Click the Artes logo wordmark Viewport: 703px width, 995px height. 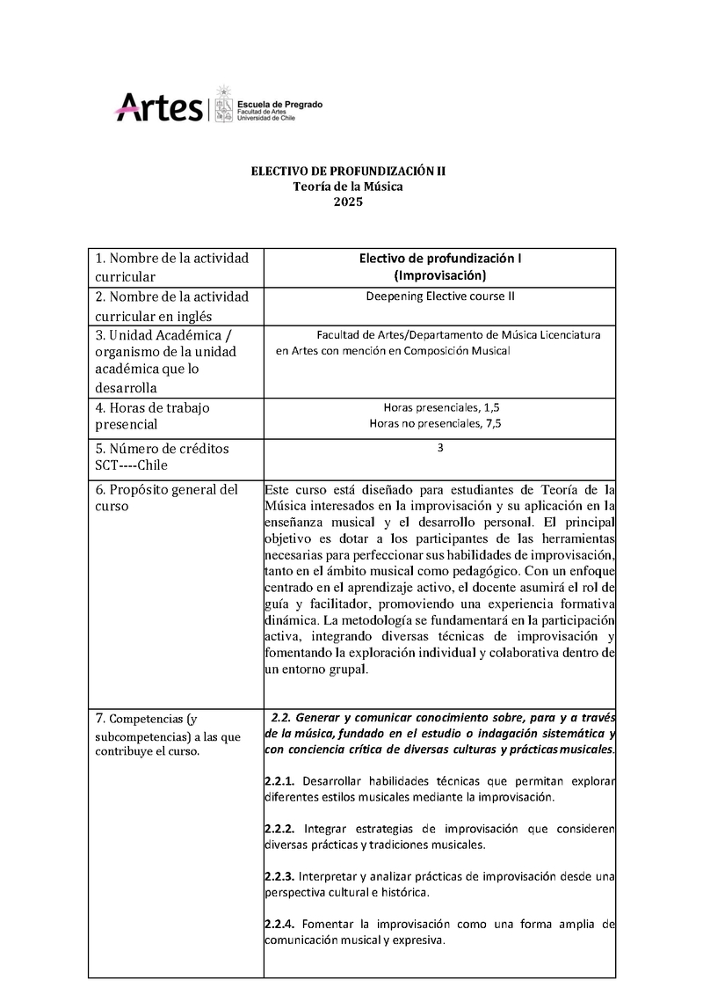coord(159,107)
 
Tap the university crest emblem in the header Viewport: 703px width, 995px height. coord(223,104)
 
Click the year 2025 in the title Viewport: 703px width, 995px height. coord(348,201)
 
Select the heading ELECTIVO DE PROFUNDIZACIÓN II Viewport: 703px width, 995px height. coord(348,172)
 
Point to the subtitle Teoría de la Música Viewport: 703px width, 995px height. coord(348,187)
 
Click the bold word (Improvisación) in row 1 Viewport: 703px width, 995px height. coord(439,275)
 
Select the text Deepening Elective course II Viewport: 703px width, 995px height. coord(439,296)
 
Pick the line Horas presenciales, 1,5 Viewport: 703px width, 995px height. coord(441,407)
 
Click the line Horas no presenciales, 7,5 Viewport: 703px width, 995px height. coord(441,423)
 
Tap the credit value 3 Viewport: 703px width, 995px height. coord(440,447)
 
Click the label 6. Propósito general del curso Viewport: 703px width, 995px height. coord(165,498)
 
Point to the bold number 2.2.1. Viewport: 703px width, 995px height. coord(279,781)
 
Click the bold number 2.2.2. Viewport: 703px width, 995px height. coord(279,829)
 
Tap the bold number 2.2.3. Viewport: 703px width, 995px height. coord(279,876)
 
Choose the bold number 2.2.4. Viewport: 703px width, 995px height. coord(279,924)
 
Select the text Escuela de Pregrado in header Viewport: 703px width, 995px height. coord(280,104)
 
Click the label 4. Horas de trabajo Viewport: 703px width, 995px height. coord(152,408)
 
